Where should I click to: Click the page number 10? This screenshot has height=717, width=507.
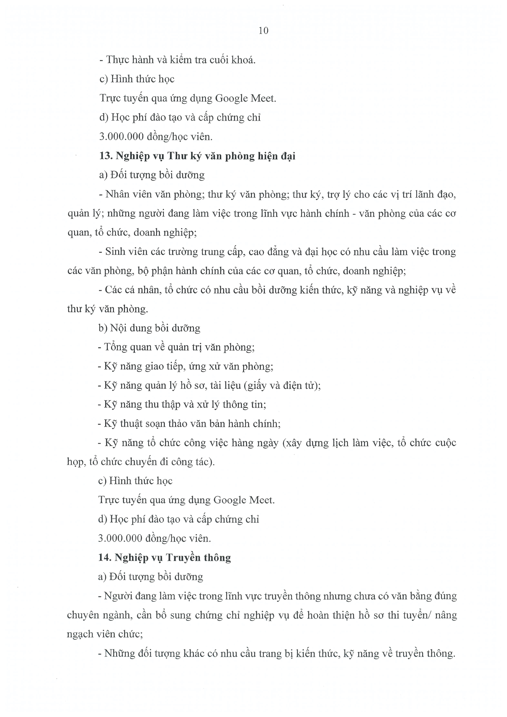tap(263, 31)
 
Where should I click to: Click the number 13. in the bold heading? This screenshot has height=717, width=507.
tap(106, 155)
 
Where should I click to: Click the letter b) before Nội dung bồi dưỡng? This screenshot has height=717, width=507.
tap(103, 328)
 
